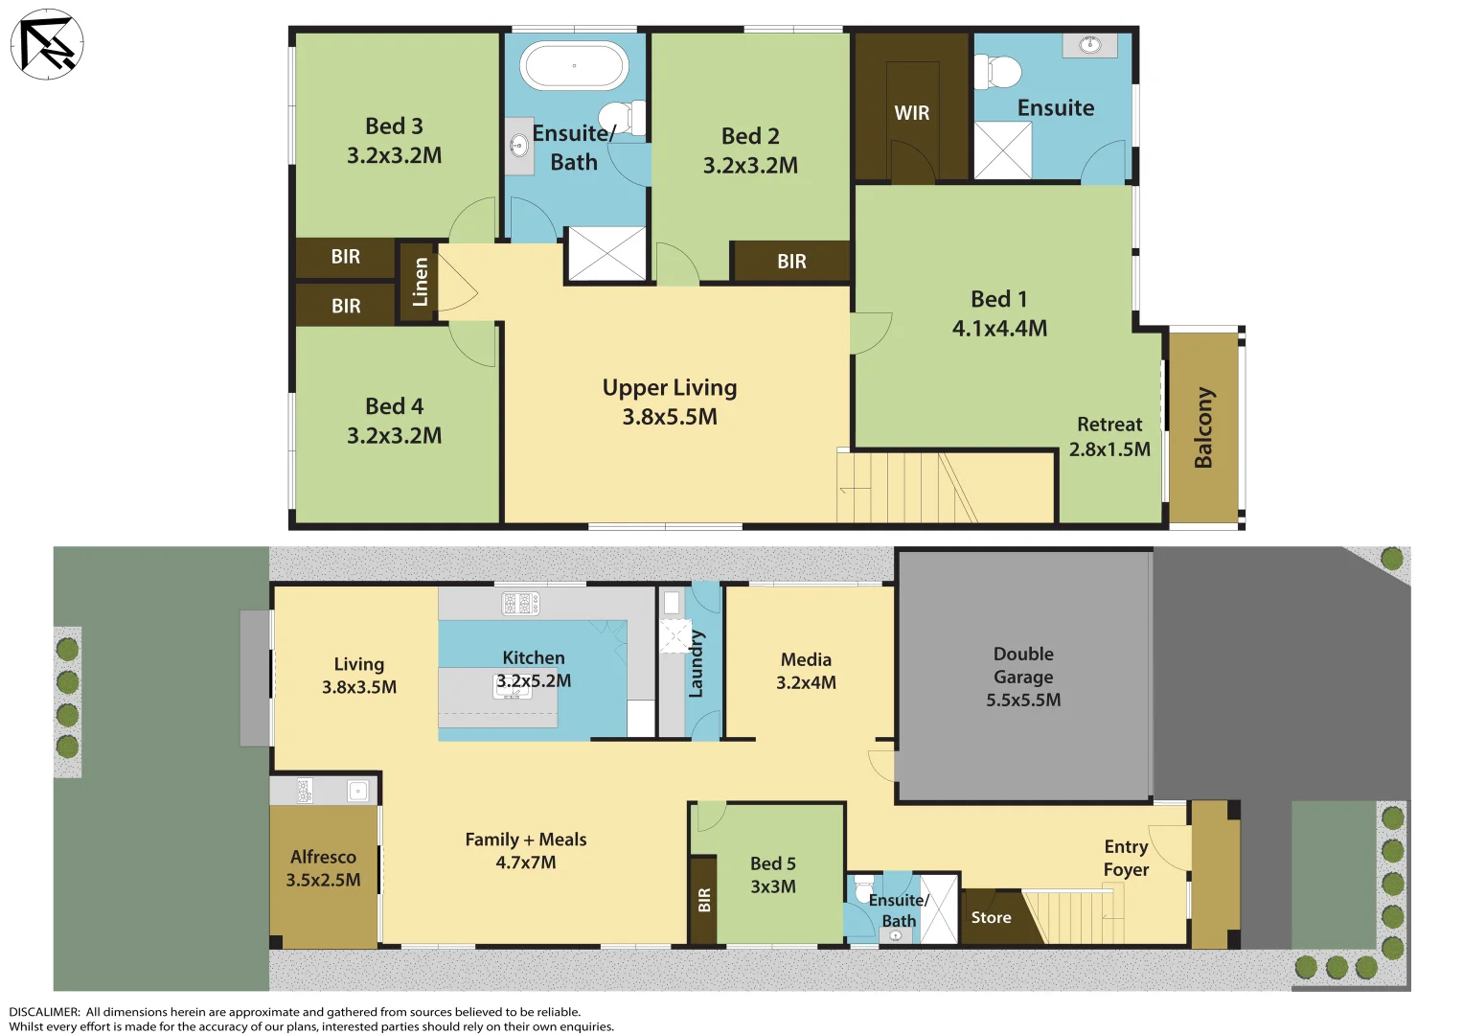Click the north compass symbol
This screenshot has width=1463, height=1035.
47,44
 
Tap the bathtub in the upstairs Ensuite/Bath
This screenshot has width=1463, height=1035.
573,66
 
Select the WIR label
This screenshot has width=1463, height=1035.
911,113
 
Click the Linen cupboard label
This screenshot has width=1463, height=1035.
420,282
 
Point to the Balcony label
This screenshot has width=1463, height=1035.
1203,427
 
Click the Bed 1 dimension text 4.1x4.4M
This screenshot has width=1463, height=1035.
999,329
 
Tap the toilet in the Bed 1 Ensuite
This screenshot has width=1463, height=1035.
998,72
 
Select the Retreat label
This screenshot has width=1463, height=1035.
1109,425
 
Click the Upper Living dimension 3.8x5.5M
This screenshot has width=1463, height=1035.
669,417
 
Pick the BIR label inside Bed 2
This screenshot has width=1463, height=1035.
791,262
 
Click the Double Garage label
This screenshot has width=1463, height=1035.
1023,665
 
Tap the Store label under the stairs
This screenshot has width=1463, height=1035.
991,918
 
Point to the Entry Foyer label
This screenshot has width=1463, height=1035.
1126,858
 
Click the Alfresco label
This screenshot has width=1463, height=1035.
323,857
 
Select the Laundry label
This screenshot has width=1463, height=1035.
697,663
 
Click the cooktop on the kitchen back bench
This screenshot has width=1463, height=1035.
520,603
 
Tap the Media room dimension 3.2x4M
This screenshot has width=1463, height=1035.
806,683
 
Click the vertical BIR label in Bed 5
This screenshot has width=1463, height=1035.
704,900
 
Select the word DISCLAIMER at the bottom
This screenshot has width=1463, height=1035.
44,1012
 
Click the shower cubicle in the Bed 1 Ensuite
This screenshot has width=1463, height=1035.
1003,150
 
